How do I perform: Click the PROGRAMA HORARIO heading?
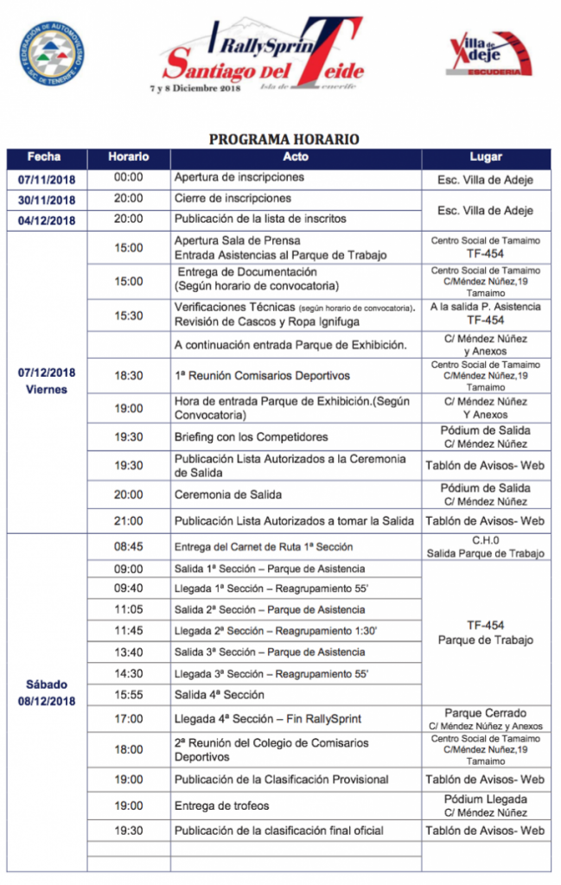[284, 138]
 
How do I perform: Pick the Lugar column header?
[485, 157]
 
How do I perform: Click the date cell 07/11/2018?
[47, 179]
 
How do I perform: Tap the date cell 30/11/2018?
[47, 200]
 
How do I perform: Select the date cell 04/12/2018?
[47, 220]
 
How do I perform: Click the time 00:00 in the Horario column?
[128, 177]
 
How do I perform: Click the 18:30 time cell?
[128, 376]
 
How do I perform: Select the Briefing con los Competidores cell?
[251, 437]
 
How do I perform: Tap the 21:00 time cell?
[128, 521]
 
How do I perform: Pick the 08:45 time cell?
[128, 547]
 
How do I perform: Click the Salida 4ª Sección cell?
[220, 695]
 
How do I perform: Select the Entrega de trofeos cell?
[222, 805]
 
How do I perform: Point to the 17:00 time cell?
[128, 718]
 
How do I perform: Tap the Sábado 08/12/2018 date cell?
[47, 692]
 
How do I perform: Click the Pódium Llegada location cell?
[485, 805]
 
